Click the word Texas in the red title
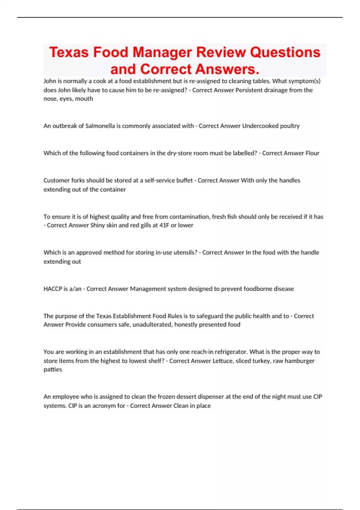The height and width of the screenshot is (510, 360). (69, 52)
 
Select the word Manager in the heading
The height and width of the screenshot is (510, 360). (162, 52)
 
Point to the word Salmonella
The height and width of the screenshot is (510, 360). (100, 126)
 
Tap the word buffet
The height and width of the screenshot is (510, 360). (184, 181)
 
